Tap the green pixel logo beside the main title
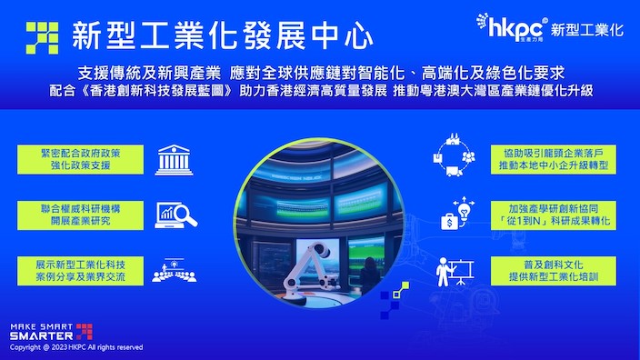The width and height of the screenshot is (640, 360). pos(42,38)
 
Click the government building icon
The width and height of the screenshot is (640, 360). pos(174,160)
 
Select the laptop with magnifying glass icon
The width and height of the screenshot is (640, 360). pos(175,215)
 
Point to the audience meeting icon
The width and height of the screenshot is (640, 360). pos(175,270)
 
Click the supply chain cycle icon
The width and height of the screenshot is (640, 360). pos(454,155)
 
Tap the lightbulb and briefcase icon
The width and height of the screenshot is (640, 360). pos(457,213)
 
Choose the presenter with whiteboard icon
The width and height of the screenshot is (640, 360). pos(455,271)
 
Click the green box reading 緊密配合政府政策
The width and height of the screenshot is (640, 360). pos(80,160)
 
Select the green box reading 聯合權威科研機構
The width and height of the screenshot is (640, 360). pos(80,215)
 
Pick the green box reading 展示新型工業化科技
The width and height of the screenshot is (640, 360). pos(80,271)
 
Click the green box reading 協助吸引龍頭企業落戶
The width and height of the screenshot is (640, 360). pos(554,160)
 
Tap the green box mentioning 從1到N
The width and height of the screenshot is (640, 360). pos(554,215)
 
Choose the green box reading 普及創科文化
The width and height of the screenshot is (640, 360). pos(554,271)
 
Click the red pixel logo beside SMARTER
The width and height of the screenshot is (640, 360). pos(84,332)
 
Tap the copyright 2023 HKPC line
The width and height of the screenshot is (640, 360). pos(76,347)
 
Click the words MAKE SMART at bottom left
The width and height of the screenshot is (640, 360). pos(41,326)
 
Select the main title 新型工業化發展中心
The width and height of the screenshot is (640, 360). pos(223,36)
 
